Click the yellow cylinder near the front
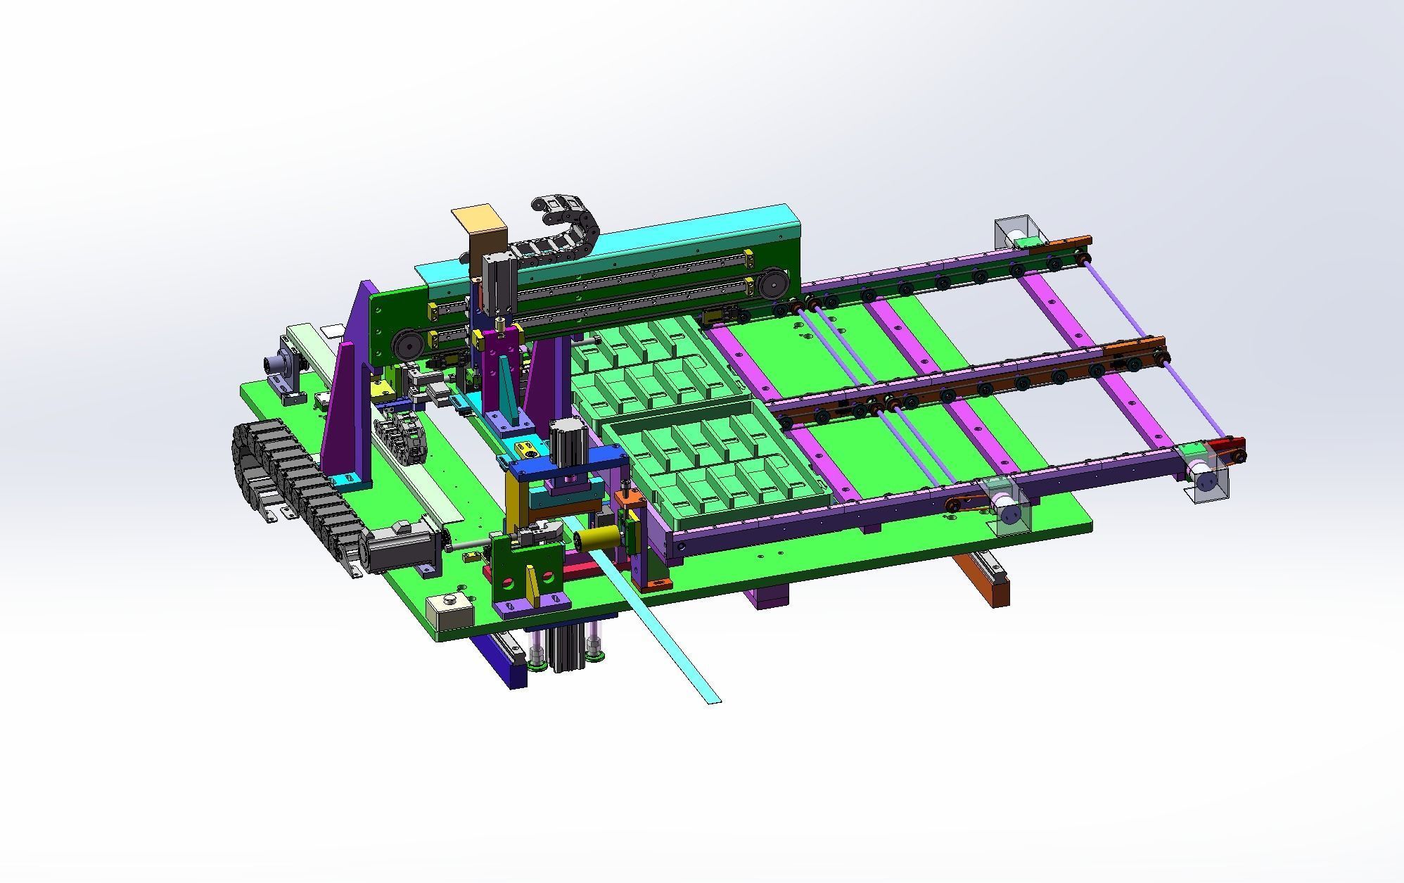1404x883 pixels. click(x=596, y=540)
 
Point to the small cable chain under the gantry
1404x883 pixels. click(x=401, y=436)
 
